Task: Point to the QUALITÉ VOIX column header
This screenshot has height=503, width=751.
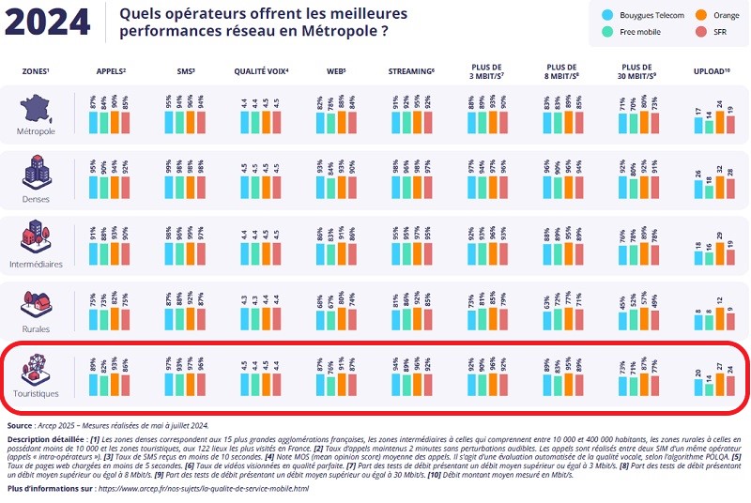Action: point(261,71)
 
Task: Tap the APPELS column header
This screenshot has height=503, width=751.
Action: point(111,71)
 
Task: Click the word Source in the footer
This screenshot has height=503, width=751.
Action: point(24,425)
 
